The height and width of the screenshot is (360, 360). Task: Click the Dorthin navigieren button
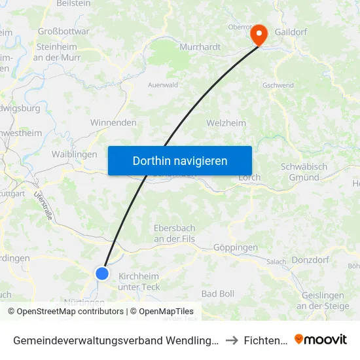[x=180, y=160]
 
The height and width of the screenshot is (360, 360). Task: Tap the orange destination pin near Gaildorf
[x=259, y=35]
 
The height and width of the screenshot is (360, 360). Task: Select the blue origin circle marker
[x=102, y=274]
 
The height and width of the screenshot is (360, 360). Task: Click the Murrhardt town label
[x=200, y=47]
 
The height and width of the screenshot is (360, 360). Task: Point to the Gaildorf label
[x=291, y=31]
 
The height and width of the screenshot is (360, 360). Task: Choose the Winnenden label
[x=113, y=122]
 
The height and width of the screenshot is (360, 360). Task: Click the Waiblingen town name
[x=74, y=154]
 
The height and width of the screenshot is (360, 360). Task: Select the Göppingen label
[x=236, y=248]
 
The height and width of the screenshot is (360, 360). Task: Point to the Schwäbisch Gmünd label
[x=304, y=172]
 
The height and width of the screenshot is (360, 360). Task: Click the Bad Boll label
[x=217, y=294]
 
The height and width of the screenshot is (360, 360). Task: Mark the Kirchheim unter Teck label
[x=139, y=281]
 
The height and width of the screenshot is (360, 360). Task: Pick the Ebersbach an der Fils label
[x=174, y=234]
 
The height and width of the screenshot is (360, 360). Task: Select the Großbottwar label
[x=63, y=31]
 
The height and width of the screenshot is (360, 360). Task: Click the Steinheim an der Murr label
[x=56, y=52]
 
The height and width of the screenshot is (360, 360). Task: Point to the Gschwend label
[x=278, y=86]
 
